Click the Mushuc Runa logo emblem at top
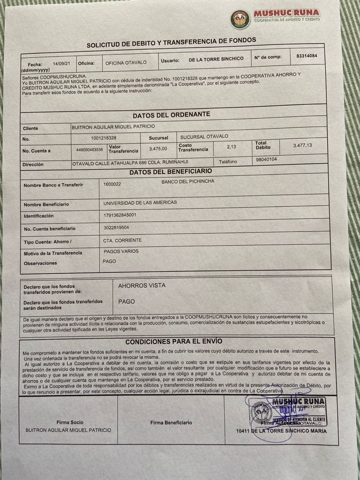point(240,19)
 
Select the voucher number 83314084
point(307,56)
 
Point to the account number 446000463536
point(90,150)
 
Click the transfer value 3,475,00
point(158,149)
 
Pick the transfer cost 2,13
point(231,147)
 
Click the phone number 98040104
point(267,159)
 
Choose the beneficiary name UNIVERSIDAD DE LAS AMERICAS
point(140,203)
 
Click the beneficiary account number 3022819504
point(116,227)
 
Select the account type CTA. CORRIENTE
point(122,240)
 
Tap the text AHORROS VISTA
point(142,285)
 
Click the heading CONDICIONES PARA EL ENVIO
point(173,341)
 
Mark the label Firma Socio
point(70,422)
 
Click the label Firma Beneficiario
point(171,423)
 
